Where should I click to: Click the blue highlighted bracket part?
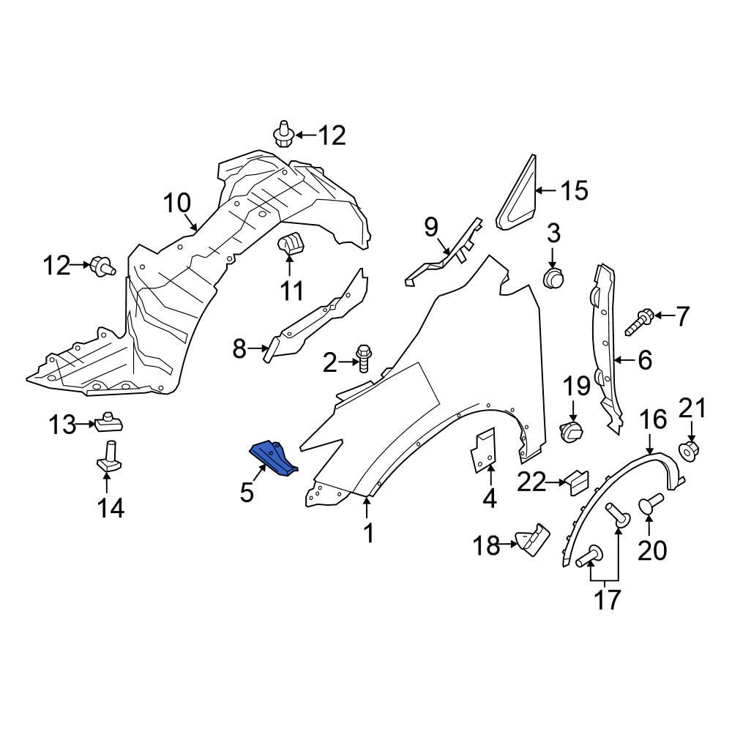click(273, 458)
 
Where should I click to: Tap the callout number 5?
click(247, 492)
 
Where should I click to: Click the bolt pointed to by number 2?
click(363, 358)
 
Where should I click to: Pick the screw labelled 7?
click(638, 322)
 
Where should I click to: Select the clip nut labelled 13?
click(109, 422)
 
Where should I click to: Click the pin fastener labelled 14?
click(108, 457)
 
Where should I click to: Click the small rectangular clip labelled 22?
click(576, 482)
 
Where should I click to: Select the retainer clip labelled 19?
click(572, 432)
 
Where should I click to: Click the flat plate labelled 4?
click(482, 450)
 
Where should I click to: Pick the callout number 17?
click(607, 599)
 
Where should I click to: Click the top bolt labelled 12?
click(283, 135)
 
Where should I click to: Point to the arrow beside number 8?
click(258, 348)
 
